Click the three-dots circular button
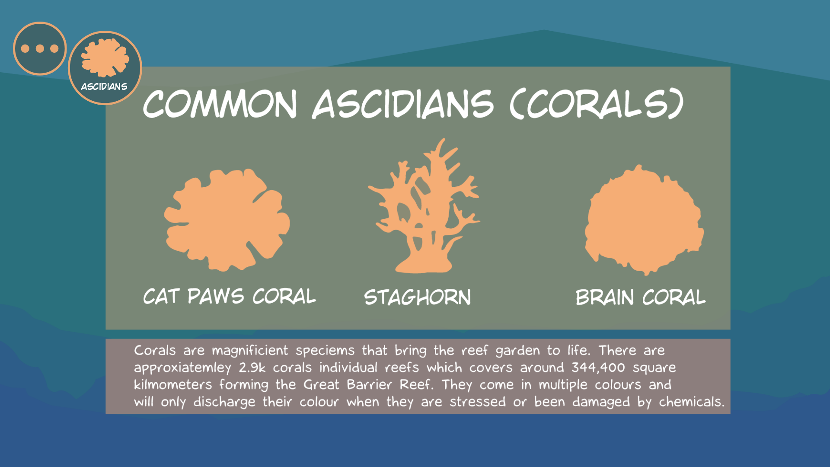pos(40,48)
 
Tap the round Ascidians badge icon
pos(105,68)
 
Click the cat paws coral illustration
pos(227,220)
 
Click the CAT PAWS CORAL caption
pos(230,297)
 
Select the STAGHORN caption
pos(418,297)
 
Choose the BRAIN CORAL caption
pos(641,297)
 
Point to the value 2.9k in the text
pos(252,368)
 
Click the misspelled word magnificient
pos(250,351)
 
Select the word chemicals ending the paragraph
pos(692,402)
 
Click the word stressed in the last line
pos(478,402)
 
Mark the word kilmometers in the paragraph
pos(173,384)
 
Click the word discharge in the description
pos(224,402)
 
